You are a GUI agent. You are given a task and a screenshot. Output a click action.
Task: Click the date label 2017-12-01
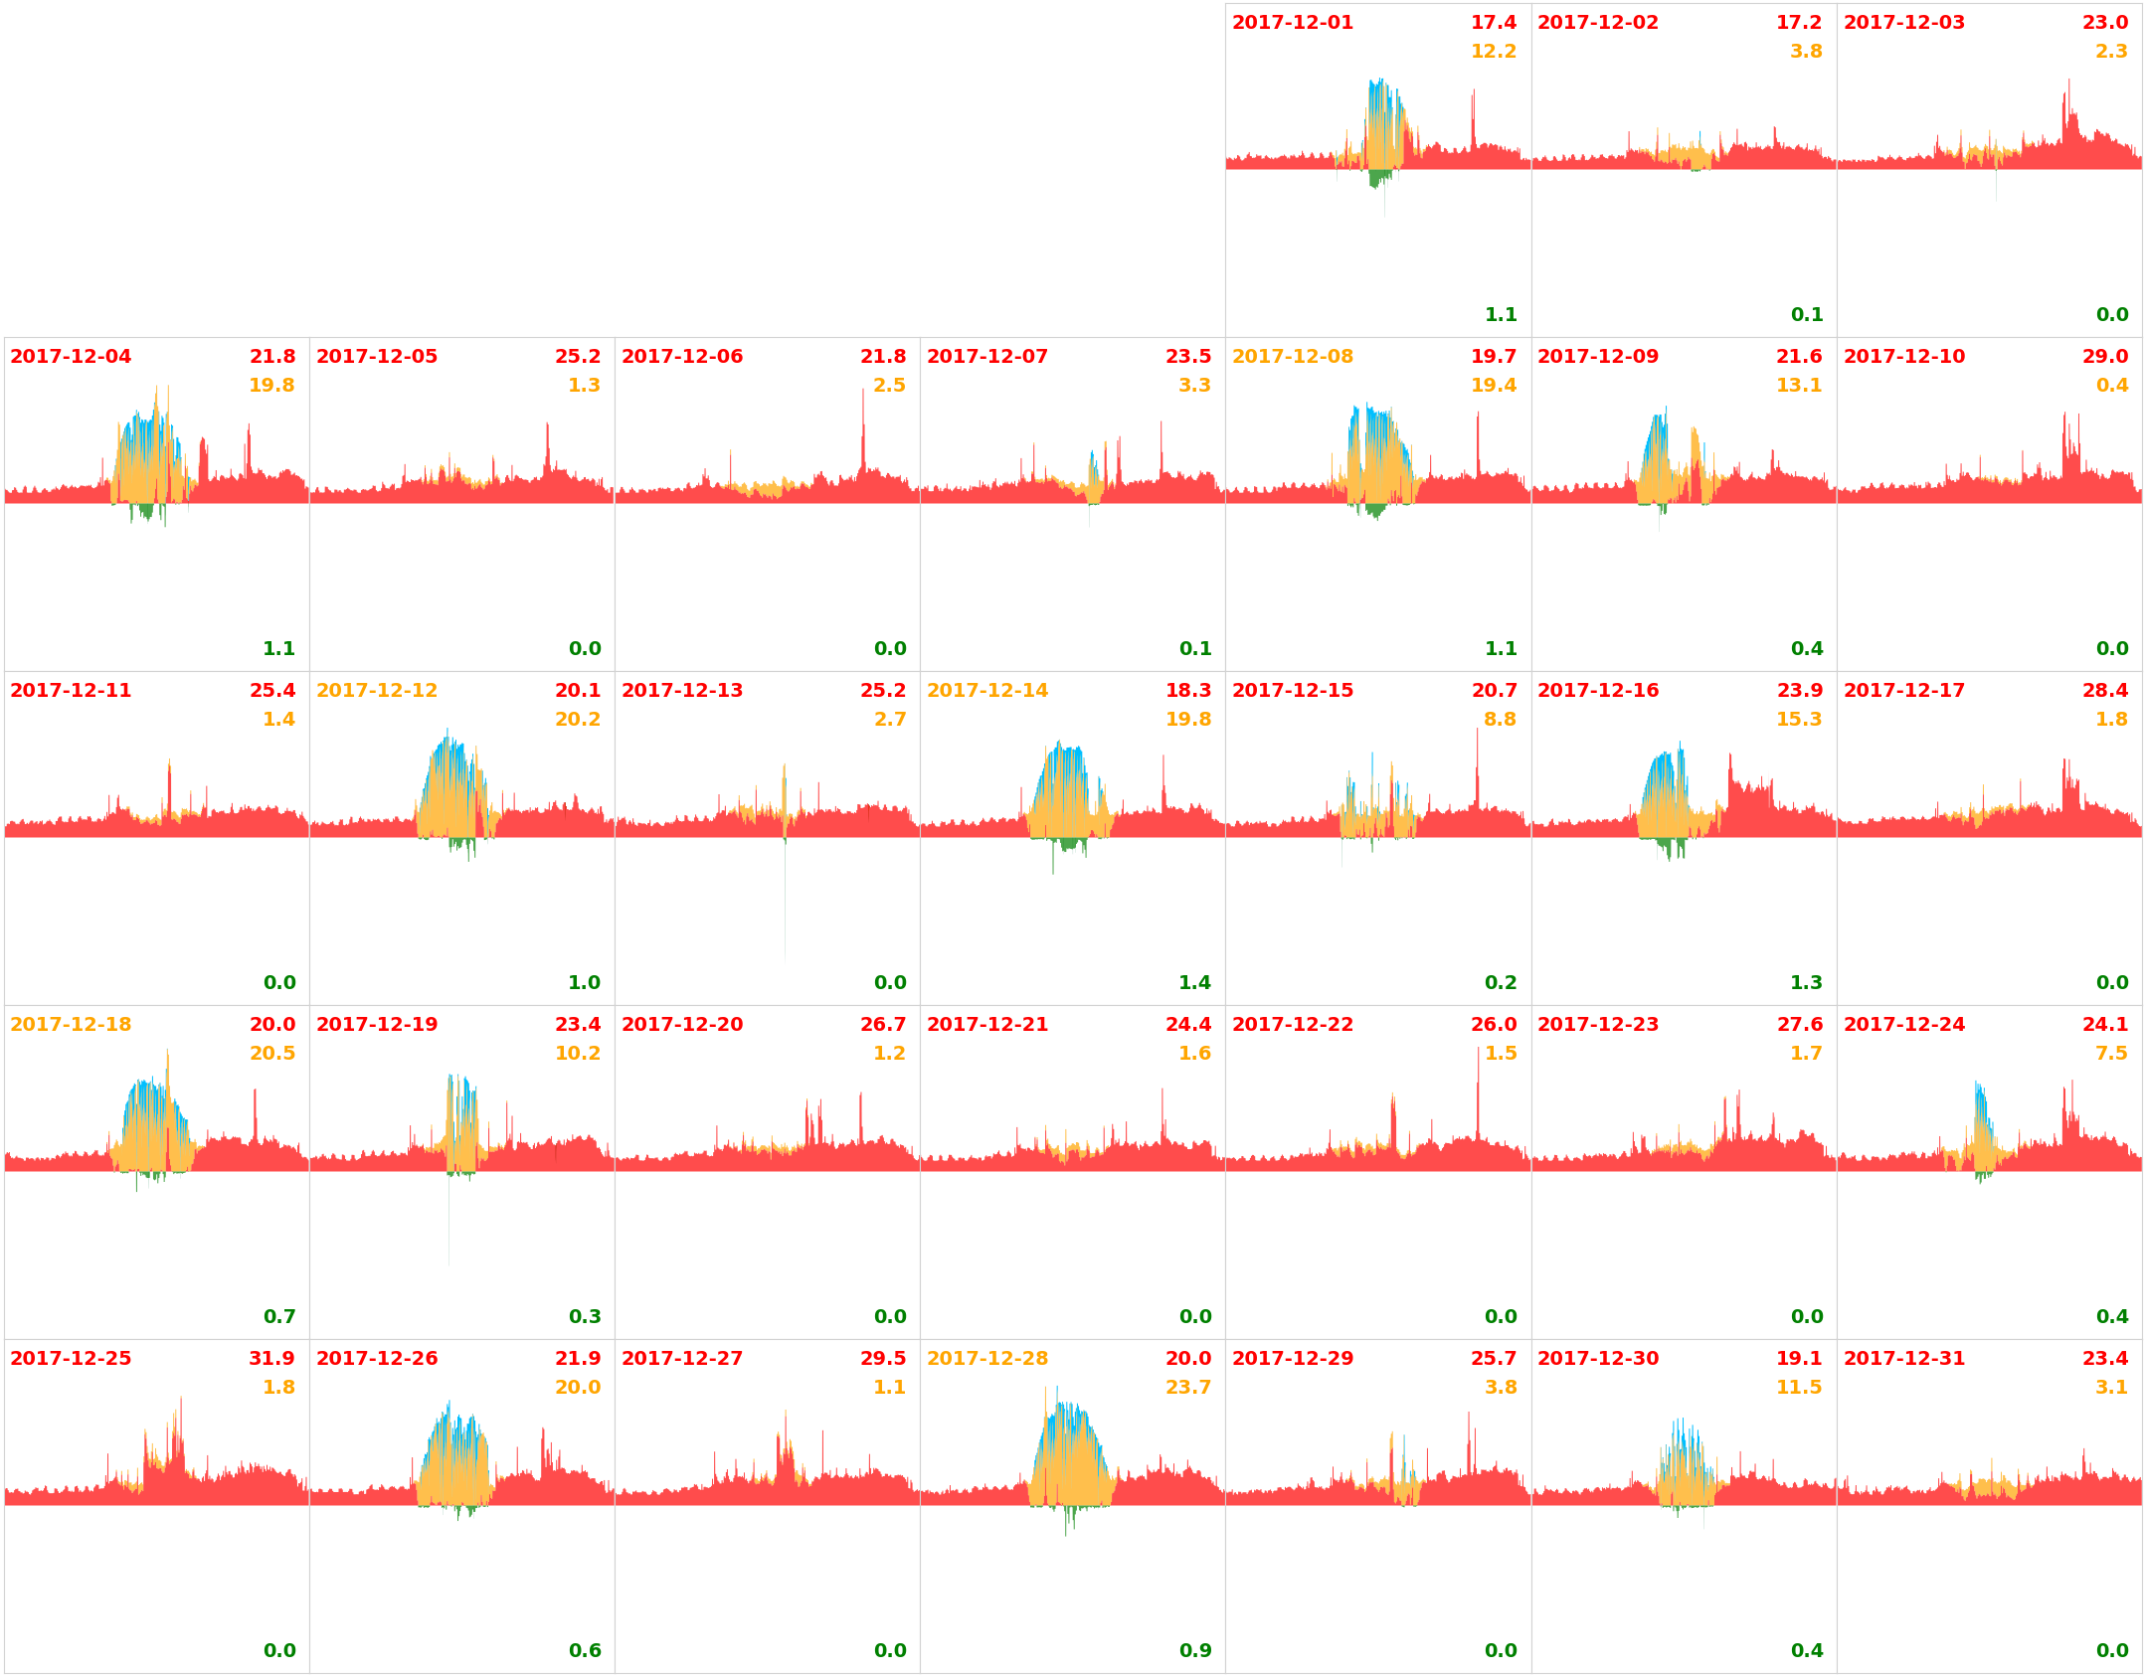[1292, 23]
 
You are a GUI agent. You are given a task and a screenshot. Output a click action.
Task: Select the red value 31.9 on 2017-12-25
[271, 1358]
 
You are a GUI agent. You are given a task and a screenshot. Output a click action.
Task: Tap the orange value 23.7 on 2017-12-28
[1187, 1387]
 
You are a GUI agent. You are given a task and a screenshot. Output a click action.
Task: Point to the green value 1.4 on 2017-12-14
[1194, 982]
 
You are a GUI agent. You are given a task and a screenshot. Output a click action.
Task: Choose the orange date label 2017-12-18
[71, 1024]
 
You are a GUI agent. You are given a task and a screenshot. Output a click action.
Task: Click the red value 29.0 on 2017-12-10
[2104, 356]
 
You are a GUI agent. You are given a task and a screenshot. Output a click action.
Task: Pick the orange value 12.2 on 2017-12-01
[1493, 51]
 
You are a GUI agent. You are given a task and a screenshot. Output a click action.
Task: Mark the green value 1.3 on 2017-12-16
[1806, 982]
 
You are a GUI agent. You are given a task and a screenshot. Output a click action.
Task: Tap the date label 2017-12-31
[1903, 1358]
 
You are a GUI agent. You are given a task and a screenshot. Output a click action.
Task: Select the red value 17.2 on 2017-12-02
[1798, 22]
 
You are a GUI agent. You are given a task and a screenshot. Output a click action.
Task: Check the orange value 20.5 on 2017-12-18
[271, 1053]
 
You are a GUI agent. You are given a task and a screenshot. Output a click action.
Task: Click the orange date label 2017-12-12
[376, 690]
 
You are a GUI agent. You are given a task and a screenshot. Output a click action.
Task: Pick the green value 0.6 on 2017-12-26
[584, 1650]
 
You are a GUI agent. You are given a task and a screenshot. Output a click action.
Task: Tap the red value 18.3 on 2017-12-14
[1187, 690]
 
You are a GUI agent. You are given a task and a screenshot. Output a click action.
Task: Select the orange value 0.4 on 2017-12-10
[2111, 385]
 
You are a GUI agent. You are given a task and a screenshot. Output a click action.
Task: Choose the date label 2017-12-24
[1903, 1024]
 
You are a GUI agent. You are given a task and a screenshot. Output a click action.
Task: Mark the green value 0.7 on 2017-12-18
[278, 1316]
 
